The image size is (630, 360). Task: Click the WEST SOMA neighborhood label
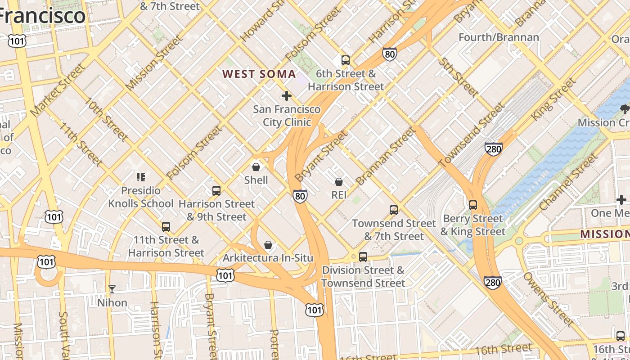pos(259,74)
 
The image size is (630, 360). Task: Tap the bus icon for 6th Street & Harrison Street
pos(346,60)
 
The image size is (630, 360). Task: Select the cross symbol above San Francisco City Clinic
pos(287,96)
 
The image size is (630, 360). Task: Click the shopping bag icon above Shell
pos(256,167)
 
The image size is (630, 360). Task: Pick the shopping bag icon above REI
pos(339,182)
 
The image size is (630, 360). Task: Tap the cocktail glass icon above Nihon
pos(112,289)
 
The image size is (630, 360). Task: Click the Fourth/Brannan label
pos(499,37)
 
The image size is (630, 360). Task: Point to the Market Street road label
pos(57,90)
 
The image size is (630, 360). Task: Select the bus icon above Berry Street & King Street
pos(473,205)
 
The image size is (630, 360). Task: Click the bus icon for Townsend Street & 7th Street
pos(394,210)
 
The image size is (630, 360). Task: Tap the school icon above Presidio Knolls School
pos(141,177)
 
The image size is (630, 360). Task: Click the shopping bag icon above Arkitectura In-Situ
pos(268,245)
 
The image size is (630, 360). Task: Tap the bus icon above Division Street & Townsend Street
pos(363,257)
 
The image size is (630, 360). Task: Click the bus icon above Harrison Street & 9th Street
pos(216,191)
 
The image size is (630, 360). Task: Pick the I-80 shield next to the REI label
pos(300,196)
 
